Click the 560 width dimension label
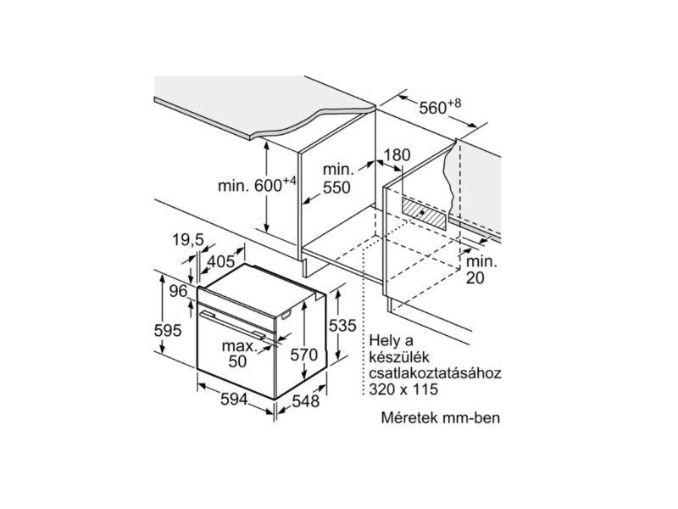pos(440,107)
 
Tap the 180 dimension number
pos(397,155)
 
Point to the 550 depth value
pos(336,187)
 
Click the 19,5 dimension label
pos(187,239)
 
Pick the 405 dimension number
pos(221,261)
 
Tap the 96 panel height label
pos(178,291)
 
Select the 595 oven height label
pos(168,331)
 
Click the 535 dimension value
pos(342,326)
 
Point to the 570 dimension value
pos(304,355)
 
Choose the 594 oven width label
pos(234,399)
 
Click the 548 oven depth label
pos(306,401)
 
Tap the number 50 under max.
pos(237,361)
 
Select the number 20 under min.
pos(475,278)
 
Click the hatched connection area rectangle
pos(423,213)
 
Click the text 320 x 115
pos(404,389)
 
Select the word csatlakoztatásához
pos(435,373)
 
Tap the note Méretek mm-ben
pos(440,417)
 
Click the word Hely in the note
pos(385,342)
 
